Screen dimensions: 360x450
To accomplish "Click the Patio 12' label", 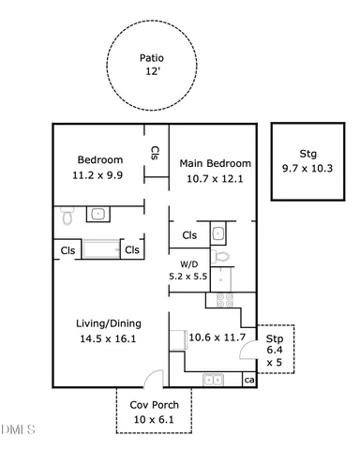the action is pyautogui.click(x=152, y=65).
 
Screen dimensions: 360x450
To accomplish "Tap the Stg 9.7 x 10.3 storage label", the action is pyautogui.click(x=307, y=161).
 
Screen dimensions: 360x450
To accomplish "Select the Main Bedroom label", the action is pyautogui.click(x=215, y=163).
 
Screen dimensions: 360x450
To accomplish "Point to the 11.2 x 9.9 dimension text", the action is pyautogui.click(x=97, y=175).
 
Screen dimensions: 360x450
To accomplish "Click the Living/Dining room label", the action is pyautogui.click(x=109, y=323).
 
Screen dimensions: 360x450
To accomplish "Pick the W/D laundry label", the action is pyautogui.click(x=189, y=264).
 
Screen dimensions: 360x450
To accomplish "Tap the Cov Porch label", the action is pyautogui.click(x=155, y=405).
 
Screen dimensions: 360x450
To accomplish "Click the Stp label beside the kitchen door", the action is pyautogui.click(x=275, y=338).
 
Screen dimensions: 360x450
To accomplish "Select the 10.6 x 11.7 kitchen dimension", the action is pyautogui.click(x=217, y=337).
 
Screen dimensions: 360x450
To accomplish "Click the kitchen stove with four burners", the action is pyautogui.click(x=225, y=300).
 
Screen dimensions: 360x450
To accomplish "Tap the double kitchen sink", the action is pyautogui.click(x=213, y=380).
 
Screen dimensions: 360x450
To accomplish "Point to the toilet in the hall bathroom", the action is pyautogui.click(x=67, y=216).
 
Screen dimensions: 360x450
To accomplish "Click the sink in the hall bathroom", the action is pyautogui.click(x=98, y=214).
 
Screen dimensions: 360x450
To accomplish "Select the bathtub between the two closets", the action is pyautogui.click(x=101, y=249).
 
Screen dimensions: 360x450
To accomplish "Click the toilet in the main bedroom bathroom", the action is pyautogui.click(x=220, y=257).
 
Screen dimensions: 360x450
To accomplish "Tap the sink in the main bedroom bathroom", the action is pyautogui.click(x=218, y=233).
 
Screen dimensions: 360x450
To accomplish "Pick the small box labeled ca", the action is pyautogui.click(x=249, y=380).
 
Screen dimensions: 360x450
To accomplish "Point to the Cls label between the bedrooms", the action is pyautogui.click(x=155, y=153).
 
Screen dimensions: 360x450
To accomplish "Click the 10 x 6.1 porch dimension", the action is pyautogui.click(x=154, y=419).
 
